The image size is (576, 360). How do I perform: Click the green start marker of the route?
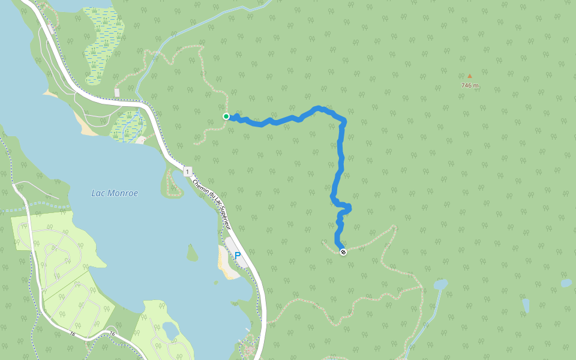click(226, 116)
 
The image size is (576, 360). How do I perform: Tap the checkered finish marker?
click(343, 252)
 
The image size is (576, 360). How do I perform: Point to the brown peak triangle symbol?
click(470, 76)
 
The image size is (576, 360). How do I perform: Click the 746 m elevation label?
click(470, 85)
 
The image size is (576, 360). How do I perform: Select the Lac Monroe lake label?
click(115, 193)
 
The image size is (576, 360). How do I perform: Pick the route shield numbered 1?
click(188, 172)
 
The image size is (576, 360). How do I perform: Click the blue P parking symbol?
click(238, 256)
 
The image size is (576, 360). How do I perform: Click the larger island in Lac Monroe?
click(192, 254)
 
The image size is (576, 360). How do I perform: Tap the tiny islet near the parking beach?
click(215, 282)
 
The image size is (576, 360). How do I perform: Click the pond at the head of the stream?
click(440, 283)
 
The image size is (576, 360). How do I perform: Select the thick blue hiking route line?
click(340, 162)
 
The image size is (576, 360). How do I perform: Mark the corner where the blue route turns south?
click(344, 122)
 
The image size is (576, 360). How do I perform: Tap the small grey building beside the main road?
click(117, 92)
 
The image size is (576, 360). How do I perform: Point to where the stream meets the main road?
click(140, 99)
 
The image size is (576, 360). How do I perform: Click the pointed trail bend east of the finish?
click(394, 227)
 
